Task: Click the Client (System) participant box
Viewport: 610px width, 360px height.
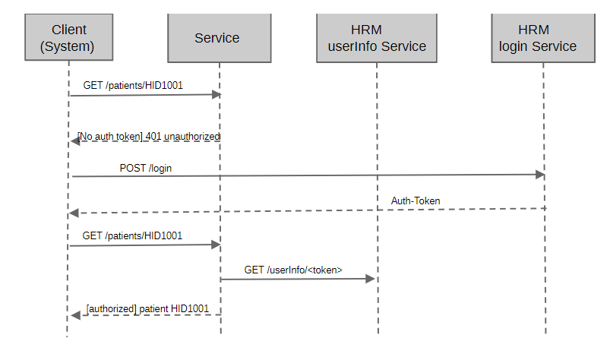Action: tap(68, 38)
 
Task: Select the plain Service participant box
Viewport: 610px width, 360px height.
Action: tap(217, 38)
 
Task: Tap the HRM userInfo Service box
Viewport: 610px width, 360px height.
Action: tap(377, 38)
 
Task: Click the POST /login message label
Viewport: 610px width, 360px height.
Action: tap(145, 168)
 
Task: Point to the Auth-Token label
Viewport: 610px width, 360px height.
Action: tap(416, 201)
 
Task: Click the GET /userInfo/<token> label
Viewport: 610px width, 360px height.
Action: tap(293, 270)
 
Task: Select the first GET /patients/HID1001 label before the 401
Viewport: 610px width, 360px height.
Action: tap(133, 86)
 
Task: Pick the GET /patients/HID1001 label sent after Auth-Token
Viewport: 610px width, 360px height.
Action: tap(133, 236)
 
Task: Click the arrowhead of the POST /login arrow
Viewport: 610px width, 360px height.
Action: tap(540, 175)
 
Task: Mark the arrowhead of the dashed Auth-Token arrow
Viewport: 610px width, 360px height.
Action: tap(74, 213)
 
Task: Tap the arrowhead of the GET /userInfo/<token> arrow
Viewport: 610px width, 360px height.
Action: tap(371, 279)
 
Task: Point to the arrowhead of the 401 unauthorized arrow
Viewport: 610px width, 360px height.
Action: tap(74, 141)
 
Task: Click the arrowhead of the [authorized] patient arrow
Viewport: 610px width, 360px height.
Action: tap(74, 315)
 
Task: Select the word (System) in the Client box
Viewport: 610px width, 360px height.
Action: tap(68, 47)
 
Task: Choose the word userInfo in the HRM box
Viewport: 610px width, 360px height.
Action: tap(352, 46)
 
